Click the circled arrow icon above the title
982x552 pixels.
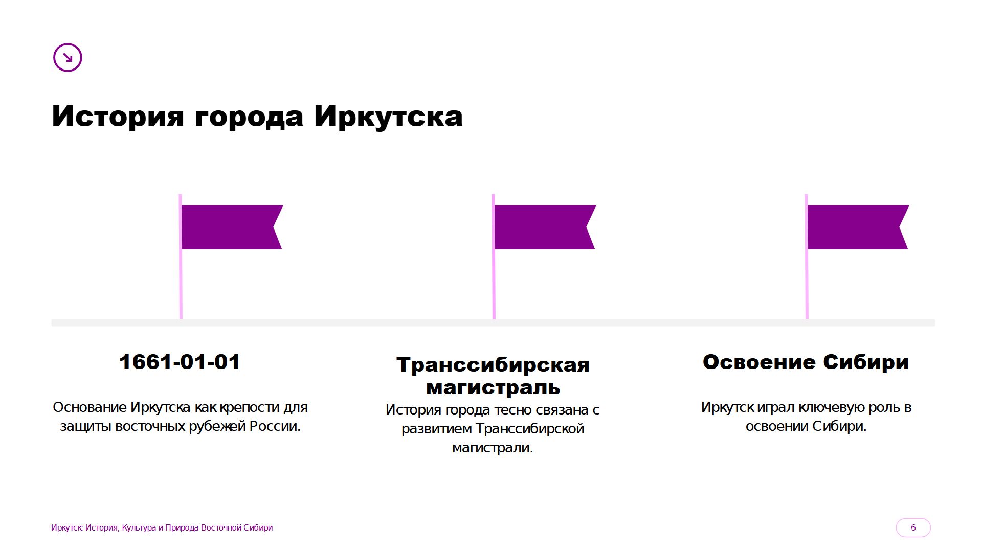(x=68, y=57)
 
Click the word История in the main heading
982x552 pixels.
(x=118, y=116)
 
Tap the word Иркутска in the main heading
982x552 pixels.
(x=388, y=116)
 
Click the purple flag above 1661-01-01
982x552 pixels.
(x=232, y=227)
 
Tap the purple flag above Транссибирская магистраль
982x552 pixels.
(x=545, y=227)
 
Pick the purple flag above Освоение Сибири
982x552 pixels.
(x=858, y=227)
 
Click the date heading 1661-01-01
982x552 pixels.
(x=180, y=362)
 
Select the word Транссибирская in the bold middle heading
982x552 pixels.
(x=493, y=365)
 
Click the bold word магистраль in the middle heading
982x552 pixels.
(x=493, y=387)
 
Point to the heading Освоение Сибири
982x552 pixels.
(x=806, y=362)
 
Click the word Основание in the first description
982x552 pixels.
(x=90, y=407)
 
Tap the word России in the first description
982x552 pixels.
(x=275, y=426)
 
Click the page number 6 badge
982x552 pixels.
(x=913, y=527)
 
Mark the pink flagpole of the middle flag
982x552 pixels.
(x=494, y=257)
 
